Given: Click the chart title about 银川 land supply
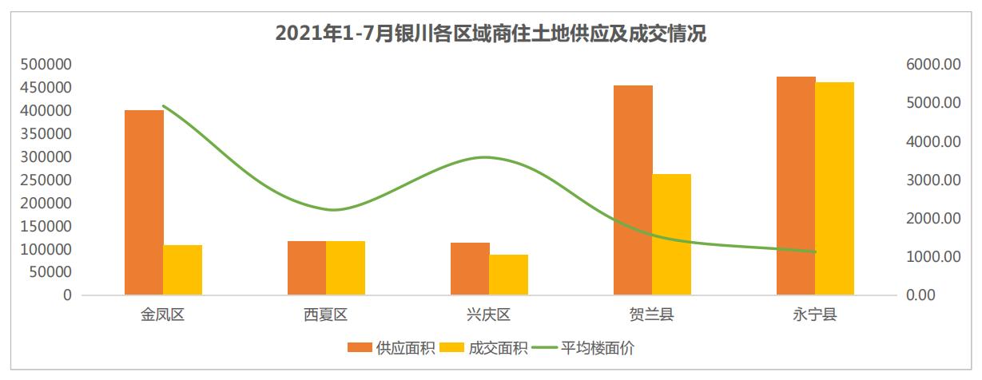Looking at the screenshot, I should [491, 34].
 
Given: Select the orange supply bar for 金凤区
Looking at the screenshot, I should [144, 202].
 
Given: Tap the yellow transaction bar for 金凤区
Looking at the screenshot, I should [183, 270].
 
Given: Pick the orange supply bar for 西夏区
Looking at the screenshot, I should [307, 267].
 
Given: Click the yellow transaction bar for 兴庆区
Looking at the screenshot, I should [509, 275].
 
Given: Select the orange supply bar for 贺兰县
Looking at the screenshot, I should [633, 190].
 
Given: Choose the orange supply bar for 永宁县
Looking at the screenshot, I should [796, 185].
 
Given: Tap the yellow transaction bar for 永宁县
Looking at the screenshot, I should [834, 188].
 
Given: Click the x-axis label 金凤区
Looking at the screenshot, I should [164, 315].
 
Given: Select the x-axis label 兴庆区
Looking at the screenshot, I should [489, 315].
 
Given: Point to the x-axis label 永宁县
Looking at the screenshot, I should [815, 315].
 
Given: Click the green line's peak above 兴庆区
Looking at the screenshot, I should [487, 157].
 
